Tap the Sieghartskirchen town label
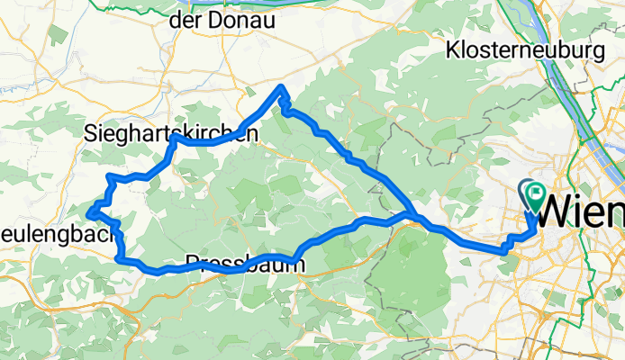tap(170, 134)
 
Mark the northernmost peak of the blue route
tap(283, 87)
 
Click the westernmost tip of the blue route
tap(90, 212)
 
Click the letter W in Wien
tap(556, 213)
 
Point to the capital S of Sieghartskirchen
tap(90, 134)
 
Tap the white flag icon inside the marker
tap(537, 191)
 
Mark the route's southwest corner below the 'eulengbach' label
tap(120, 258)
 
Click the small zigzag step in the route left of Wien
tap(509, 240)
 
